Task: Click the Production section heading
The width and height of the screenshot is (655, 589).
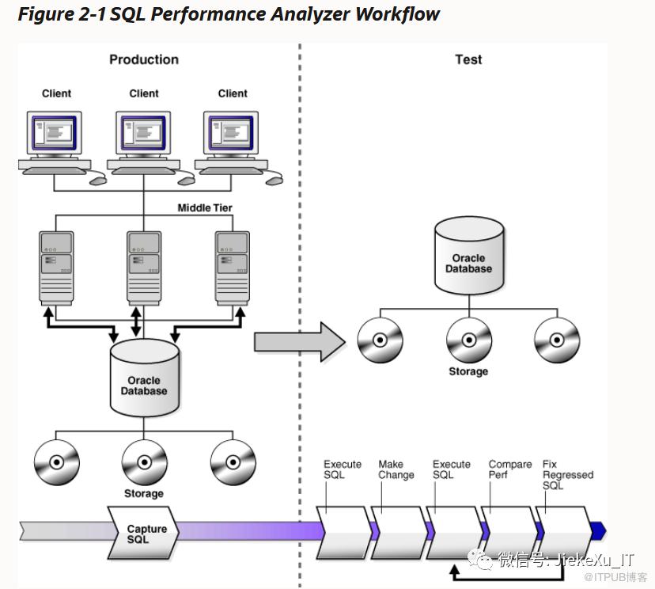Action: click(x=144, y=59)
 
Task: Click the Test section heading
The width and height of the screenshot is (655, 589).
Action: click(x=468, y=59)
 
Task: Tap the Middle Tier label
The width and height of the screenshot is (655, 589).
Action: click(x=205, y=208)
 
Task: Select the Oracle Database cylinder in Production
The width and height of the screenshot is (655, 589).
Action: click(x=144, y=379)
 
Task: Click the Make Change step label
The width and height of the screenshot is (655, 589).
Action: click(x=396, y=469)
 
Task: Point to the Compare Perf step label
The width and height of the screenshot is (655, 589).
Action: click(x=509, y=469)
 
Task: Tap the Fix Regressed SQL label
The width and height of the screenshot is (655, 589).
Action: click(x=567, y=474)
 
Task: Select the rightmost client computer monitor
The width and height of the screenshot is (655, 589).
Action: click(x=233, y=133)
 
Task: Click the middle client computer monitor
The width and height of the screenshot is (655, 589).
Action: click(x=144, y=133)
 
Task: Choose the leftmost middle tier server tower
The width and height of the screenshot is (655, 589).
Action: click(x=57, y=268)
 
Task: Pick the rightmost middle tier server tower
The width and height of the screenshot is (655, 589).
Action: click(x=233, y=268)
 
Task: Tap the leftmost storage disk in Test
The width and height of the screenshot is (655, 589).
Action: click(x=381, y=340)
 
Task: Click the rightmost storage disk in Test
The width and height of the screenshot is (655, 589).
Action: click(x=557, y=340)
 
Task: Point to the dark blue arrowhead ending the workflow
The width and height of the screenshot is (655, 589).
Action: click(x=598, y=530)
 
